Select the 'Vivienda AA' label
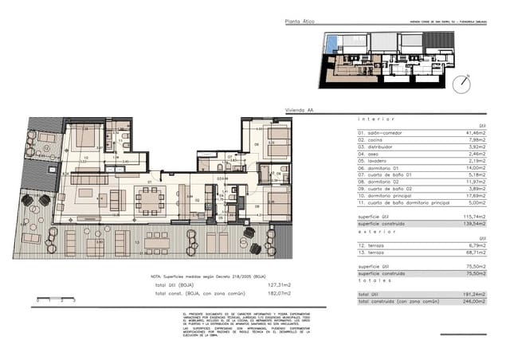298,113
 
